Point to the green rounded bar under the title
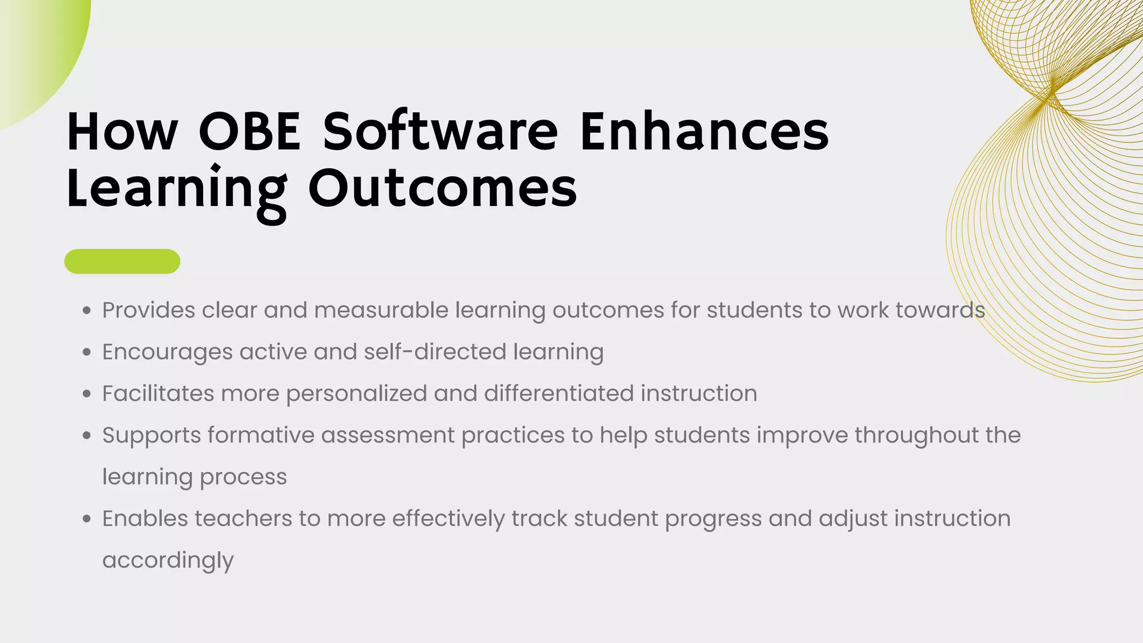(122, 261)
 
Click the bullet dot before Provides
(87, 311)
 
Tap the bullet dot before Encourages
(87, 353)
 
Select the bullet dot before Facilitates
(87, 394)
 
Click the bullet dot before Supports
(87, 436)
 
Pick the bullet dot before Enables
(87, 519)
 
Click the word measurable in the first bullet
(381, 310)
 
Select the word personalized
(357, 394)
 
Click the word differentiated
(559, 394)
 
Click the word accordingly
(168, 560)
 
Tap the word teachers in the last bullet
(243, 519)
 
